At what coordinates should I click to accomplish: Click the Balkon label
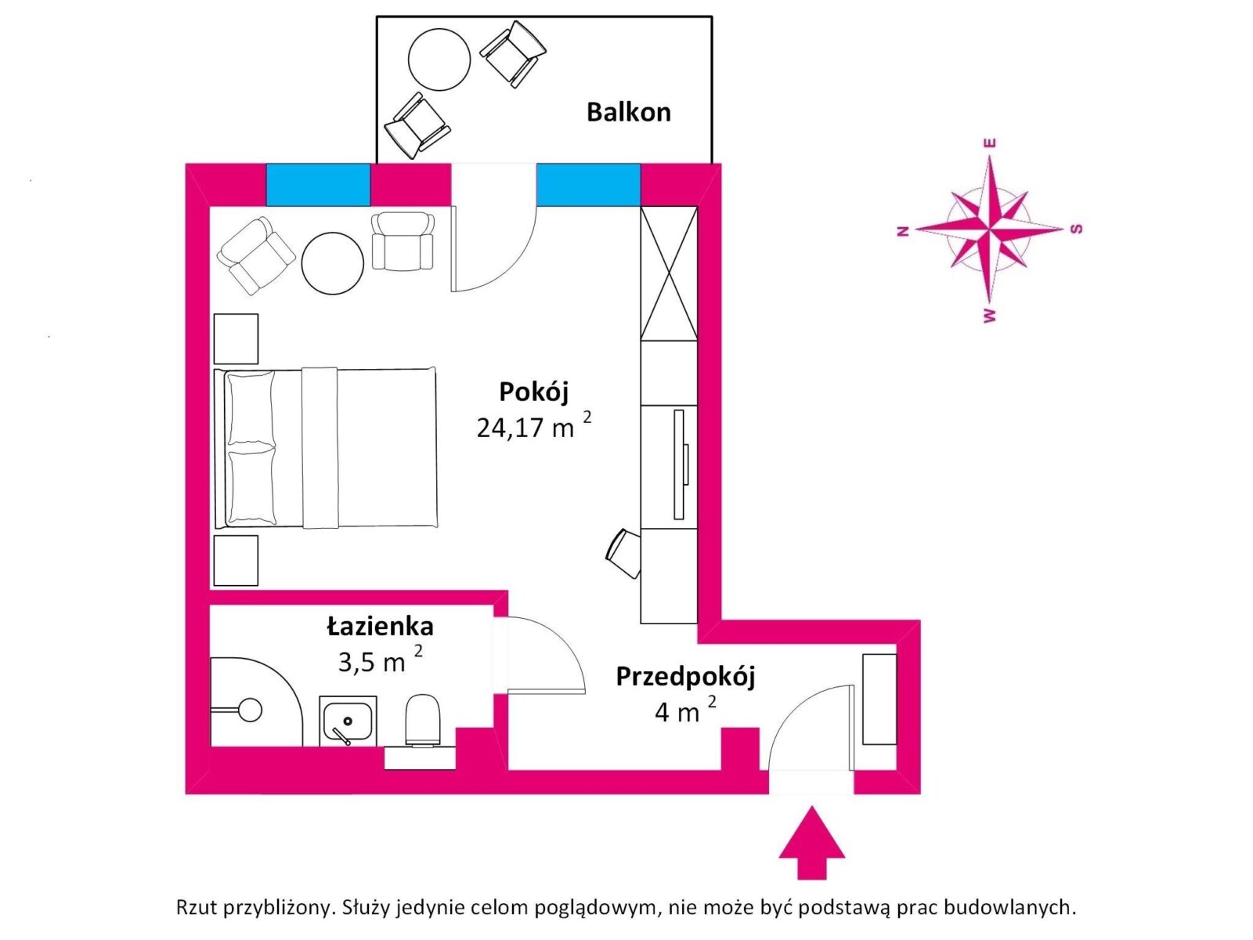629,113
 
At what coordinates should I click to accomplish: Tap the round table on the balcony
439,60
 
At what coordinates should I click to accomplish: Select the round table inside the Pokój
332,263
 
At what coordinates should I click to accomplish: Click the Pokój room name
534,392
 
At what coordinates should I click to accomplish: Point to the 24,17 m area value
525,428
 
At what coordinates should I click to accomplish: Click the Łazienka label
380,627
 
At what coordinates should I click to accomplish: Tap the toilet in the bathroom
423,720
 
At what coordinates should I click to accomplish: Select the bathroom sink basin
347,721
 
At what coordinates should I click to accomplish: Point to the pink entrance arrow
812,842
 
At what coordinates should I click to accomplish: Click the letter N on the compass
902,231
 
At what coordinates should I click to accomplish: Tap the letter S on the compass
1076,228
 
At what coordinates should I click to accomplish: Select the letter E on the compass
991,143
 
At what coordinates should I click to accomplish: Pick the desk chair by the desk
623,553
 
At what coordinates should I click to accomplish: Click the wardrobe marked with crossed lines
669,273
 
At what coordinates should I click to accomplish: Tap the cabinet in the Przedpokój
879,699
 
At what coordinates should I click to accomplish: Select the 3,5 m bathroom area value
371,663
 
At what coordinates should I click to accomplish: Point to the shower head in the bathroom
251,710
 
